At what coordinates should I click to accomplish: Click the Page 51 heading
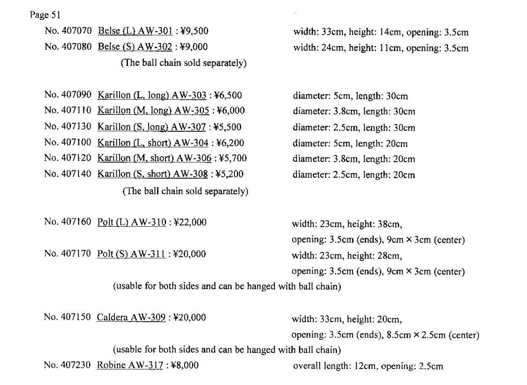click(45, 15)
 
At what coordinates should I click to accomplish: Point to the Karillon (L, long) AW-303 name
click(152, 95)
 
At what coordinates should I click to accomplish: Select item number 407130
click(68, 127)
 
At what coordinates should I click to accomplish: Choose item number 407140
click(68, 174)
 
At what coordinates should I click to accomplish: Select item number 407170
click(67, 254)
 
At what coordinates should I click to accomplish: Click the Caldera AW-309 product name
click(131, 318)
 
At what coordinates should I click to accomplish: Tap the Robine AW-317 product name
click(130, 365)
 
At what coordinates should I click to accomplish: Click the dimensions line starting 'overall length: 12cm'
click(368, 366)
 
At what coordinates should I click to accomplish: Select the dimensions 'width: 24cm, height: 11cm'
click(380, 48)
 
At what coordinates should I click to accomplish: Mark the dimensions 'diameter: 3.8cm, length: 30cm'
click(354, 111)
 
